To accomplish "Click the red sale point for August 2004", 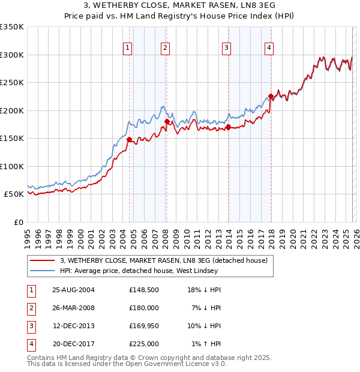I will click(x=129, y=139).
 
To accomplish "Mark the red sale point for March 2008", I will click(x=167, y=122).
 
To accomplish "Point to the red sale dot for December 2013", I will click(x=228, y=127).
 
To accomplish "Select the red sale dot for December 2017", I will click(x=271, y=97).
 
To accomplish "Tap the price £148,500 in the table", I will click(x=143, y=290).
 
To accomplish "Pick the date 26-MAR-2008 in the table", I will click(x=73, y=308).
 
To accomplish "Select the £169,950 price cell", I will click(x=143, y=326).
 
